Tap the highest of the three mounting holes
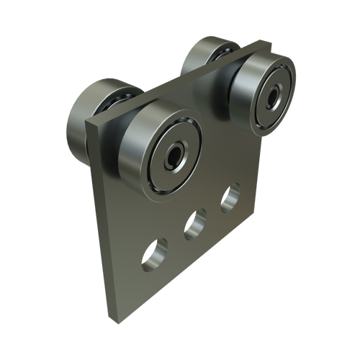coord(231,198)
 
